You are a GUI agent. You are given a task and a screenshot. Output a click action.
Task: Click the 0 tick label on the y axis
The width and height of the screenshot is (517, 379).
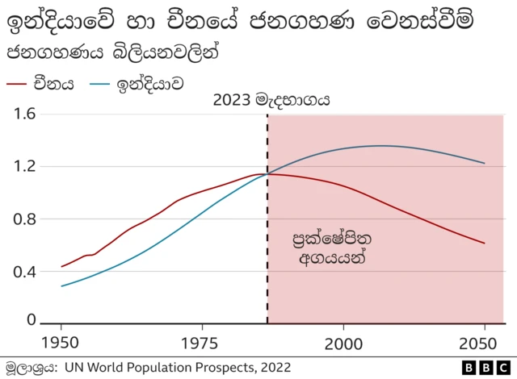tap(32, 320)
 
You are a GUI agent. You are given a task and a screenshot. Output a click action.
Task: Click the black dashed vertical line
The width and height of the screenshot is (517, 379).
tap(267, 242)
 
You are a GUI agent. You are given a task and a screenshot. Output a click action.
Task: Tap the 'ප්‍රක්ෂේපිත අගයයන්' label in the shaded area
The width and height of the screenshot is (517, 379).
tap(327, 250)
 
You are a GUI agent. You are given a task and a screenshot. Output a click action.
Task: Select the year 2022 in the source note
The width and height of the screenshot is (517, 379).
tap(272, 368)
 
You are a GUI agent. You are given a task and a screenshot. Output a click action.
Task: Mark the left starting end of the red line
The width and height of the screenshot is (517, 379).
tap(62, 266)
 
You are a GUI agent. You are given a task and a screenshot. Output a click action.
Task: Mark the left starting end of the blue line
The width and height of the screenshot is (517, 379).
tap(62, 285)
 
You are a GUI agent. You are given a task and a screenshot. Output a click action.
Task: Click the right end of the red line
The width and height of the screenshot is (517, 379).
tap(485, 243)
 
